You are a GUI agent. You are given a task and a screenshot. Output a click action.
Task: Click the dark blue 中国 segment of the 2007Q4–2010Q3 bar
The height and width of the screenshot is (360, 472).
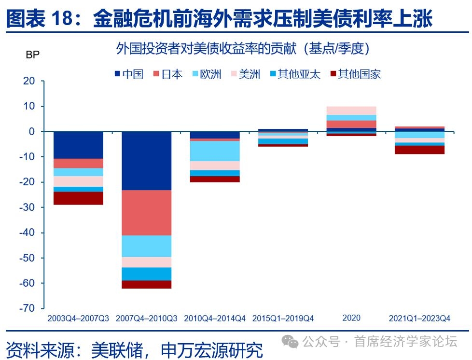[147, 161]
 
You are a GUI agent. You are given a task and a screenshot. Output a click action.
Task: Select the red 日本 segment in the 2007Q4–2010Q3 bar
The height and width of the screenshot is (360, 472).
[147, 213]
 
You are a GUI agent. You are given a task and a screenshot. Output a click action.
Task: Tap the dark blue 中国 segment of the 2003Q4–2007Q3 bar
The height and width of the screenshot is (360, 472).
[78, 145]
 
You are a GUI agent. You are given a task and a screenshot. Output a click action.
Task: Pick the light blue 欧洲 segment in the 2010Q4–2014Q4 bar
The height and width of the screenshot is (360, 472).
[215, 151]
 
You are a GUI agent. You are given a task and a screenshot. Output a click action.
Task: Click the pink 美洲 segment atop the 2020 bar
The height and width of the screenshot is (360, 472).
[351, 111]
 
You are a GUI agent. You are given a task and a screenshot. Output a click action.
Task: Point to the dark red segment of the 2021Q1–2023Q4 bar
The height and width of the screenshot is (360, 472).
[419, 150]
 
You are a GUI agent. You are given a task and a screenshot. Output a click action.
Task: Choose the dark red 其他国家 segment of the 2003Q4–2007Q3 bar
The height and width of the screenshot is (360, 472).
[78, 198]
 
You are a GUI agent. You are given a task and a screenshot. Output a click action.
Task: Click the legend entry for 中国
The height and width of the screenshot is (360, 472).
[129, 74]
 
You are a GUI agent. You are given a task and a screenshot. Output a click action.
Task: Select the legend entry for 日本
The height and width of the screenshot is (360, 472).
[168, 74]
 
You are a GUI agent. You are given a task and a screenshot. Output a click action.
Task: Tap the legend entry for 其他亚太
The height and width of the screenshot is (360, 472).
[295, 74]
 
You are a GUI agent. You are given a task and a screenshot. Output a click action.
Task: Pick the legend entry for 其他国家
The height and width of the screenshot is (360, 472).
[356, 74]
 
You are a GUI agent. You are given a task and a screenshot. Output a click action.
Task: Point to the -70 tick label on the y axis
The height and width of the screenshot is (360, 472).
[27, 308]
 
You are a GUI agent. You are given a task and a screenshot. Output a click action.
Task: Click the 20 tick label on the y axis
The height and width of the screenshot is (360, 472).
[29, 81]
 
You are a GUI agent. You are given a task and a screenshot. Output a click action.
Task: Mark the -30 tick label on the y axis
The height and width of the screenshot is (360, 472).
[27, 208]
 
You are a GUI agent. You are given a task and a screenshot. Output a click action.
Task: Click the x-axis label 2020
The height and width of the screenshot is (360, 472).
[351, 318]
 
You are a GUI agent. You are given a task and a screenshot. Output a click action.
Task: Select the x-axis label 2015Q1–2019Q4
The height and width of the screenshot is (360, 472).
[283, 318]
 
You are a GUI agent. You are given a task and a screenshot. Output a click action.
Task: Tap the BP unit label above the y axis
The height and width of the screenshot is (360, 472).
[32, 55]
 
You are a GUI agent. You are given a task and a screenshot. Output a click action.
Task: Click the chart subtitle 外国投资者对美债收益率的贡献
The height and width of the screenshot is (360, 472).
[206, 48]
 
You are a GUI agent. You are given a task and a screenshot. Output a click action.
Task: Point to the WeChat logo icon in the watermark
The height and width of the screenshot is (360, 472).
[290, 342]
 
